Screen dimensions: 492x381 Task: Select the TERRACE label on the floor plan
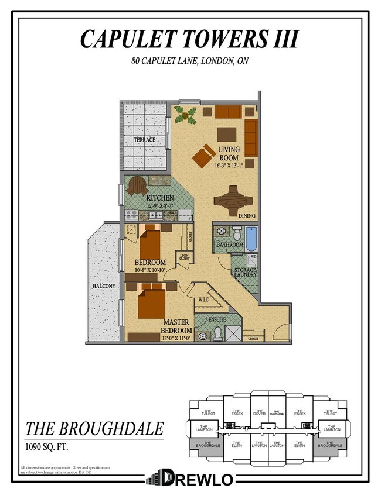[x=144, y=140]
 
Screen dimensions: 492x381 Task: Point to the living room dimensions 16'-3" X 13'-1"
[x=229, y=166]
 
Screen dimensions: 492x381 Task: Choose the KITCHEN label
[x=149, y=198]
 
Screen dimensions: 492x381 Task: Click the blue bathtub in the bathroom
[x=250, y=239]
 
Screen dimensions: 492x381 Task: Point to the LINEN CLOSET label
[x=185, y=257]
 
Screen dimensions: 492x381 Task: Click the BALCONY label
[x=104, y=286]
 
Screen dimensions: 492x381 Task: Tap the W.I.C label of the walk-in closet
[x=203, y=300]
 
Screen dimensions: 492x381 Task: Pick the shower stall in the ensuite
[x=233, y=333]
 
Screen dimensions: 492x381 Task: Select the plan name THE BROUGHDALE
[x=94, y=429]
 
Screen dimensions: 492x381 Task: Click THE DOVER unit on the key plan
[x=259, y=412]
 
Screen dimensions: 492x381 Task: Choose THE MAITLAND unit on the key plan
[x=277, y=413]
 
